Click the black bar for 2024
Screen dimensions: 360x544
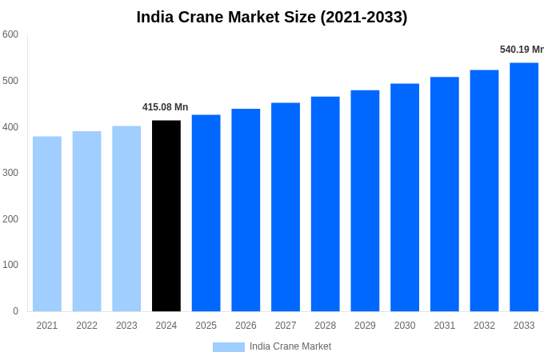point(166,216)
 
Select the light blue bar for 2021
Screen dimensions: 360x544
point(47,224)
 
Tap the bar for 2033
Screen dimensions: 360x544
point(524,187)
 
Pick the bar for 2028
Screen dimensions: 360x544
point(326,204)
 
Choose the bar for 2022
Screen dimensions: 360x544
point(86,222)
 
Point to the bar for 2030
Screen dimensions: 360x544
point(405,198)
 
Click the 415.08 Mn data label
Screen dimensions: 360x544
point(166,107)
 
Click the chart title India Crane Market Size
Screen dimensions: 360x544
point(272,17)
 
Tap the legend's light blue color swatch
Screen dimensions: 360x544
point(228,346)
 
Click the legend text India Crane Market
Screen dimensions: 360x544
point(290,346)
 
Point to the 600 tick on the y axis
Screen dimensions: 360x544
point(10,34)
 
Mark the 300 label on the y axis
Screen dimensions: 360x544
point(10,173)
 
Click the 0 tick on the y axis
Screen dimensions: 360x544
point(15,311)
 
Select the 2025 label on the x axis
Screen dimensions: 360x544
point(206,326)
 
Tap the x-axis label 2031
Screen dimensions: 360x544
point(445,326)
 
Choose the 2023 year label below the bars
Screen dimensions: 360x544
point(126,326)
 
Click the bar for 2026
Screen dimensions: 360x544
point(246,210)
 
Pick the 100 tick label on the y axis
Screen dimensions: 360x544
point(10,265)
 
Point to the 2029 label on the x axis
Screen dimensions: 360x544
point(365,326)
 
